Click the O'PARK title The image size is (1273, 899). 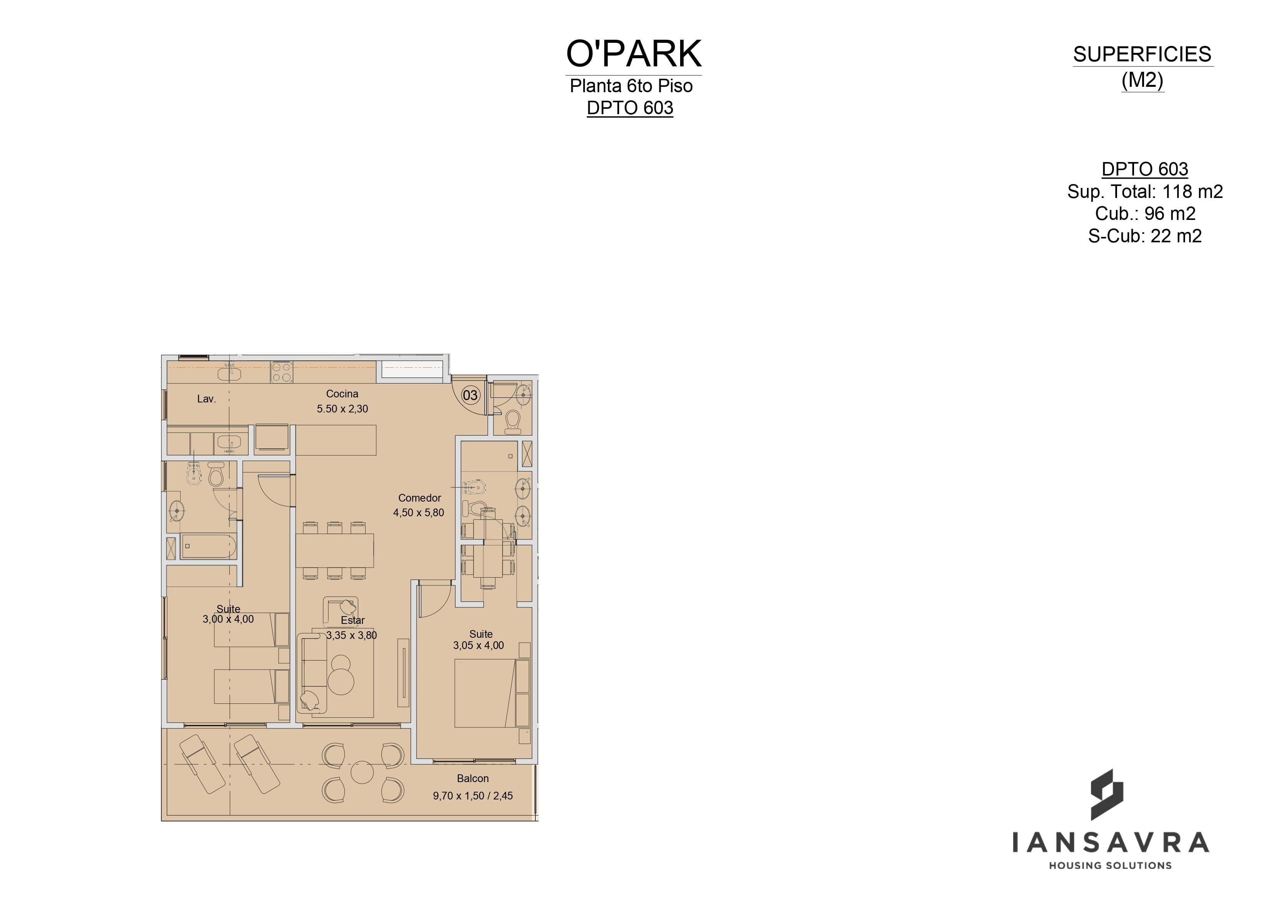pos(634,53)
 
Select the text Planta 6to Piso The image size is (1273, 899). pos(631,86)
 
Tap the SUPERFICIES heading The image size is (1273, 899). pos(1142,54)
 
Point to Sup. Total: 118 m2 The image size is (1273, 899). pos(1145,191)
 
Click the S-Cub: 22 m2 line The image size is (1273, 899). pos(1145,236)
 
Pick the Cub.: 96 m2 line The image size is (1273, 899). pos(1145,213)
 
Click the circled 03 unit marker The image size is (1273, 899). pos(470,395)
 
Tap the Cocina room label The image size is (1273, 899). pos(342,394)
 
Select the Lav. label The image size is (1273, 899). pos(206,399)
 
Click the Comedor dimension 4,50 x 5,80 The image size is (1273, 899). pos(418,513)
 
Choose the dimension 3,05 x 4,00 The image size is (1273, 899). pos(479,645)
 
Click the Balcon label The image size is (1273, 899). pos(473,778)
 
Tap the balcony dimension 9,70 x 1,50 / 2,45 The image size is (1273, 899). pos(473,796)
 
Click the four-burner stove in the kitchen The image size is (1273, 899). pos(282,372)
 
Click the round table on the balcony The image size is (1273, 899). pos(362,772)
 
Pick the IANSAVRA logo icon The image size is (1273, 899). pos(1107,794)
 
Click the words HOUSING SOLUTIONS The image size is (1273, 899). pos(1110,865)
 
